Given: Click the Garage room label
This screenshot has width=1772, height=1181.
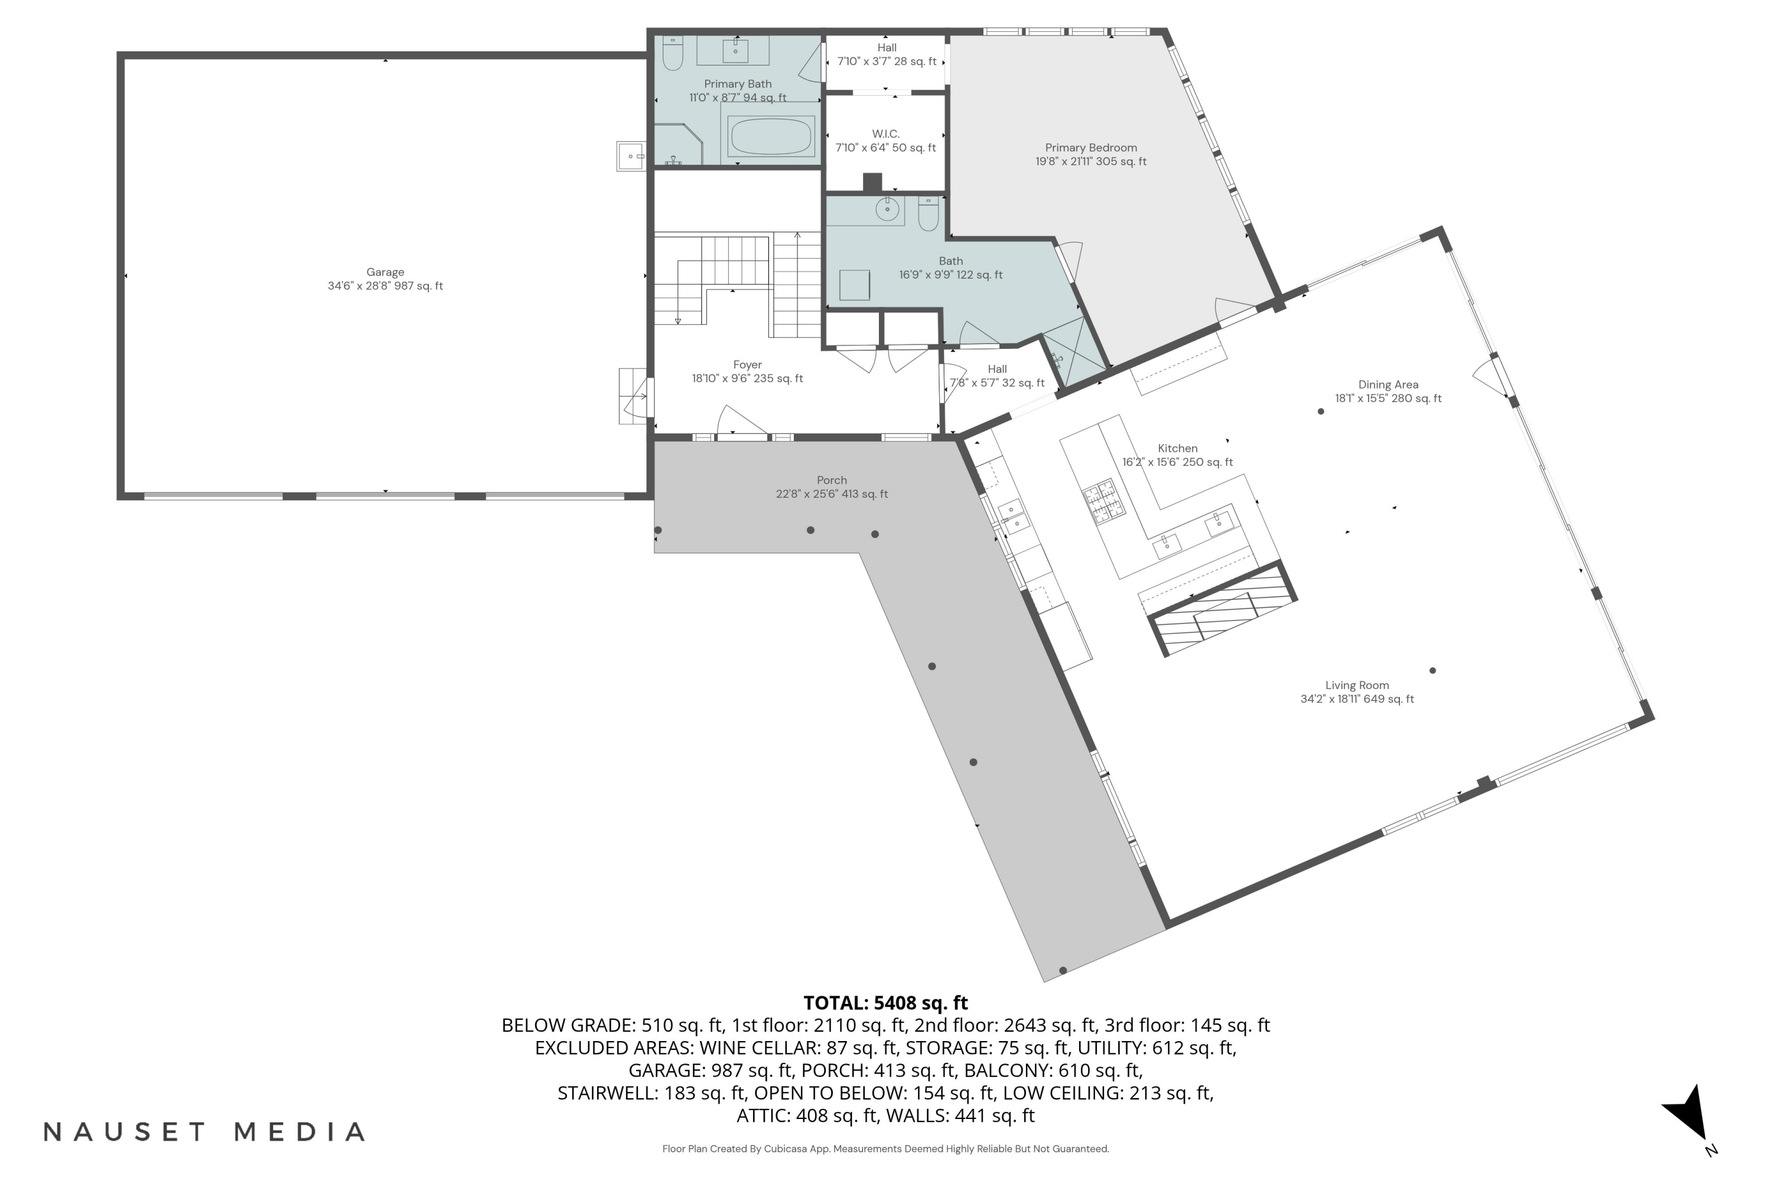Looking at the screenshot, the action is pyautogui.click(x=385, y=272).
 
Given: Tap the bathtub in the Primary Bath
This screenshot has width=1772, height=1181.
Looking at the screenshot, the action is pyautogui.click(x=771, y=136).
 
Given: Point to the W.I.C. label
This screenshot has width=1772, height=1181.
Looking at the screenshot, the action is pyautogui.click(x=885, y=134).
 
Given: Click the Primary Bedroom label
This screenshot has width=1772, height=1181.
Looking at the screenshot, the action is pyautogui.click(x=1090, y=148).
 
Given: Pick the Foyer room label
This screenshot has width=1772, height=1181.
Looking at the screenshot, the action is pyautogui.click(x=747, y=364).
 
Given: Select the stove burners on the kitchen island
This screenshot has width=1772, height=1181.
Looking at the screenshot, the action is pyautogui.click(x=1105, y=501).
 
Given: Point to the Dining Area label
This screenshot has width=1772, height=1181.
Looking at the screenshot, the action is pyautogui.click(x=1387, y=385).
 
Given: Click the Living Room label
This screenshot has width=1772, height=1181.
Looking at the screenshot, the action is pyautogui.click(x=1357, y=686).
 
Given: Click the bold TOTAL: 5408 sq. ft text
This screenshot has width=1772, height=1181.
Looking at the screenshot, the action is pyautogui.click(x=885, y=1003).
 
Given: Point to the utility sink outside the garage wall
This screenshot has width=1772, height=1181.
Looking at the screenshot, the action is pyautogui.click(x=631, y=156).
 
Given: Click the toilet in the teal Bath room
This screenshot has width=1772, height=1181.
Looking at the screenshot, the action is pyautogui.click(x=928, y=214).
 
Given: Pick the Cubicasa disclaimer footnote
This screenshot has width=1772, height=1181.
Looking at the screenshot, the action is pyautogui.click(x=885, y=1149).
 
